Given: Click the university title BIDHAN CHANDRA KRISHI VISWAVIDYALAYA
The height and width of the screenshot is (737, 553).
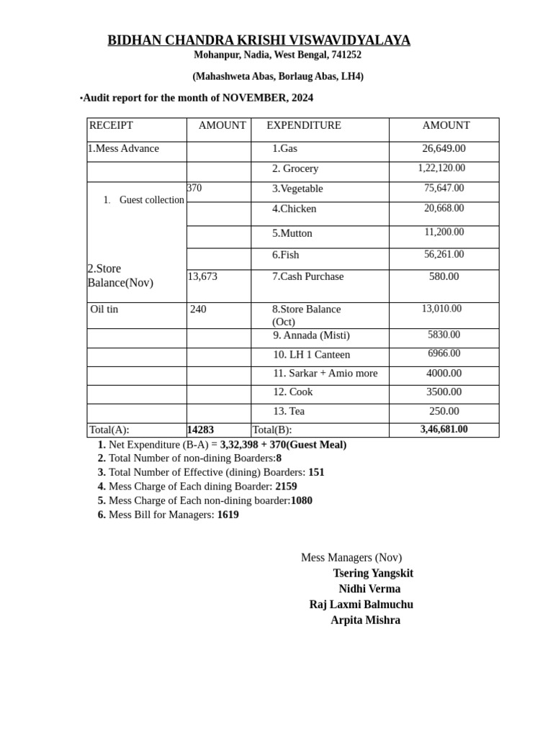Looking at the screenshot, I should [258, 40].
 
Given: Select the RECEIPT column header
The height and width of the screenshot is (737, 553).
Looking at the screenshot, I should [111, 125].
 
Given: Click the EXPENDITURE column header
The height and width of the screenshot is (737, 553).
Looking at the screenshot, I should [303, 125].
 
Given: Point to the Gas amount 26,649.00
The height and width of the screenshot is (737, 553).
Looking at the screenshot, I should [444, 148].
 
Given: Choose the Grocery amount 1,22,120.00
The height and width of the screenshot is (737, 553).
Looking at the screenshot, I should [441, 168].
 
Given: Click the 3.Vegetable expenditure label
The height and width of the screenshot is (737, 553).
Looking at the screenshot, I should [297, 189].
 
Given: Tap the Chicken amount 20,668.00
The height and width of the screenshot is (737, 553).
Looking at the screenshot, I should [444, 208].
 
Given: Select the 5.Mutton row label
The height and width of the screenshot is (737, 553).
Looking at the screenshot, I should [292, 233].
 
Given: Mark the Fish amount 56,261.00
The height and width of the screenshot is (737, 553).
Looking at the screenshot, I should [444, 254].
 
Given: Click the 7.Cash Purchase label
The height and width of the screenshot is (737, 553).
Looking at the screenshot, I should [307, 276].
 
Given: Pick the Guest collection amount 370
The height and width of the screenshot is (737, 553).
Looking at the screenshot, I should [194, 188].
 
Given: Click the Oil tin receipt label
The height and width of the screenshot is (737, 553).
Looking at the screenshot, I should [104, 309].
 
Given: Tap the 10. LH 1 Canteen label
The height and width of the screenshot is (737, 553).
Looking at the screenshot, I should [311, 354].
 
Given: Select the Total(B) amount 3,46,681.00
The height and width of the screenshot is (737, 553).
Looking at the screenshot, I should [444, 429].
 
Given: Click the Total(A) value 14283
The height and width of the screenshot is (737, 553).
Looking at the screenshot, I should [200, 430].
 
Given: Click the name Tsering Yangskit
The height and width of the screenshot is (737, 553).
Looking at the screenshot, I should [373, 573].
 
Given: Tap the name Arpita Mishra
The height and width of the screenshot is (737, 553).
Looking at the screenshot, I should [365, 620].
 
